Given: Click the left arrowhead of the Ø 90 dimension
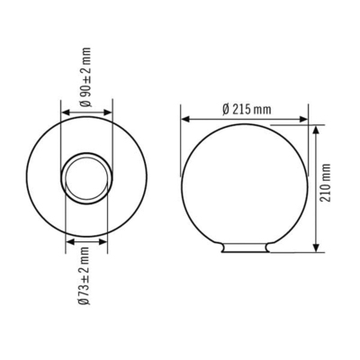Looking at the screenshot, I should pyautogui.click(x=64, y=113).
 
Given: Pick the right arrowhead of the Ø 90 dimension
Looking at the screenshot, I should pyautogui.click(x=111, y=113).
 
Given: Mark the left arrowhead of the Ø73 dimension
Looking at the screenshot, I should pyautogui.click(x=69, y=240).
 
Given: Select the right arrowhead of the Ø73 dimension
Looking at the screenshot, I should pyautogui.click(x=105, y=240).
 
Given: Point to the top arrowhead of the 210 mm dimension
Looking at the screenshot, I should pyautogui.click(x=317, y=129).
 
